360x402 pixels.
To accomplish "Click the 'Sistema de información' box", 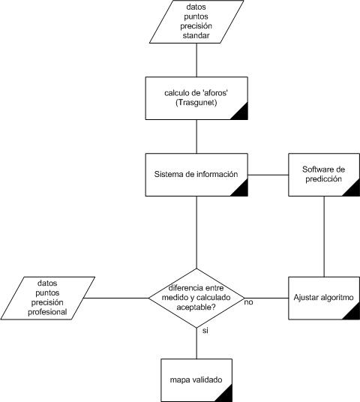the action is [x=196, y=175].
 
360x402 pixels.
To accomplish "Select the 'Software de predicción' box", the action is [x=324, y=175].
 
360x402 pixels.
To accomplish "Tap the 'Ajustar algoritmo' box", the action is [x=324, y=298].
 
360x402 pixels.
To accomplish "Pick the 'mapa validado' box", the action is [x=196, y=380].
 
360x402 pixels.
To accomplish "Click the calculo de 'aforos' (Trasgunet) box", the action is [x=196, y=98].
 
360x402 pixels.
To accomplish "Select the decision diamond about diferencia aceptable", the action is [x=196, y=298].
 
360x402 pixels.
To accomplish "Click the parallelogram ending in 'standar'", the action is [x=196, y=22].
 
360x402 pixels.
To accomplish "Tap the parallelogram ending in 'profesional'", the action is [x=48, y=298].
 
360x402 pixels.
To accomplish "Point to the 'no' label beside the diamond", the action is [x=248, y=302].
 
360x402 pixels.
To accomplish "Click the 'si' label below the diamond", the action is [x=205, y=331].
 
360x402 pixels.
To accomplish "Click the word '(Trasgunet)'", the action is [x=196, y=103].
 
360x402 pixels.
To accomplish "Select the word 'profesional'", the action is [x=47, y=312].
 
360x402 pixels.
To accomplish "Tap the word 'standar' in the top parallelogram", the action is [x=196, y=35].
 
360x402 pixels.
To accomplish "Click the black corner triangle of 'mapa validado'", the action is [x=226, y=395].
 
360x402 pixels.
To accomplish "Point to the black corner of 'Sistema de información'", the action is [x=241, y=190].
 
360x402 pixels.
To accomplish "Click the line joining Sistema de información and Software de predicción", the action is [x=268, y=175].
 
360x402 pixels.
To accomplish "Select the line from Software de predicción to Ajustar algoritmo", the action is [x=324, y=237].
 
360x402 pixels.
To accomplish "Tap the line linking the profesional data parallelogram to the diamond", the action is [x=116, y=298].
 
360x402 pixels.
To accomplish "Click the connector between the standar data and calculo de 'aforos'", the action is [x=196, y=60].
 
